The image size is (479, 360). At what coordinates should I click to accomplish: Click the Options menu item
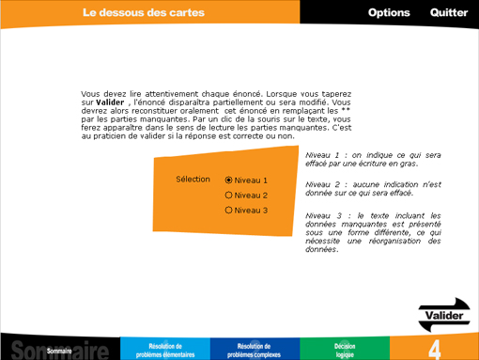(x=389, y=12)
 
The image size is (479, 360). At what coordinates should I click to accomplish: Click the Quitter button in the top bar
(x=449, y=12)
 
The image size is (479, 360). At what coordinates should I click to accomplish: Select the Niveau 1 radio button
(x=229, y=180)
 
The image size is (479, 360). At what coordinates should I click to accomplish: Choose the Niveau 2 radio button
(x=229, y=195)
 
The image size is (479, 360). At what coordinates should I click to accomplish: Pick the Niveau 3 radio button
(x=229, y=210)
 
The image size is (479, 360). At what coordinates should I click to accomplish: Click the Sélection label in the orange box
(x=193, y=179)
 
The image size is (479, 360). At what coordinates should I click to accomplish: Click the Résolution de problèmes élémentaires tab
(x=165, y=350)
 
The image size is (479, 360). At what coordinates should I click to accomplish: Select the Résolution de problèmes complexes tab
(x=254, y=350)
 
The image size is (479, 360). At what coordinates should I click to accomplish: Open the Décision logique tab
(x=345, y=350)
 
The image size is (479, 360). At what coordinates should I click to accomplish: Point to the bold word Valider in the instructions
(x=110, y=102)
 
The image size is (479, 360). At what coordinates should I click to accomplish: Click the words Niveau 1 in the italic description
(x=324, y=155)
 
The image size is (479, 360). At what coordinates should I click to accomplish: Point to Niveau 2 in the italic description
(x=324, y=184)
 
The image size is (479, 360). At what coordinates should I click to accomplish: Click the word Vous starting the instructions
(x=90, y=94)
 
